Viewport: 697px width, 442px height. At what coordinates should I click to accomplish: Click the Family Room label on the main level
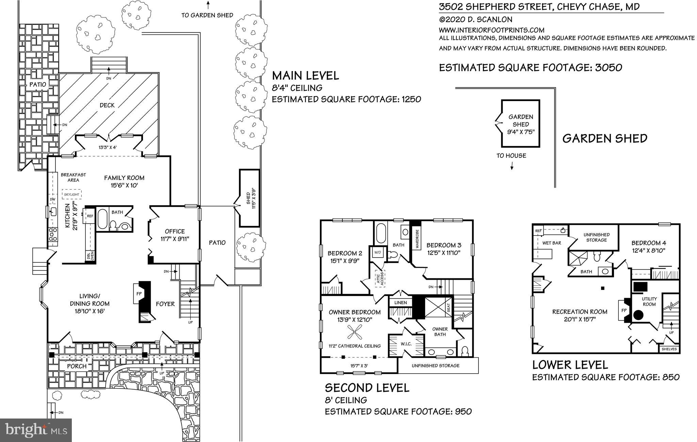coord(124,178)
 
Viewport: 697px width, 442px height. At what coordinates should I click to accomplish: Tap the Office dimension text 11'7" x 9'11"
coord(175,239)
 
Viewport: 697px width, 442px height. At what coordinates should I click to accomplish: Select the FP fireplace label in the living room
coord(139,293)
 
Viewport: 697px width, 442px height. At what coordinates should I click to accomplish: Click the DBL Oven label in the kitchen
coord(90,256)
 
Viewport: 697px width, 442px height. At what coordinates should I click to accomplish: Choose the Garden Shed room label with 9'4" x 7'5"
coord(521,124)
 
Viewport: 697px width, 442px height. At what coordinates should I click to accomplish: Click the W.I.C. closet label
coord(406,344)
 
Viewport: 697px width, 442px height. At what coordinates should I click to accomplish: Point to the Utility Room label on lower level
coord(649,301)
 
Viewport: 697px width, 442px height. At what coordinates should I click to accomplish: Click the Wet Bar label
coord(551,243)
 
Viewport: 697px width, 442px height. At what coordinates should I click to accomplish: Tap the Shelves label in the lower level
coord(669,349)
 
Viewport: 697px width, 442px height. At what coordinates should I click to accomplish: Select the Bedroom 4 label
coord(648,243)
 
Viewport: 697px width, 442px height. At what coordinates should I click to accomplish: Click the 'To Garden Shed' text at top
coord(207,15)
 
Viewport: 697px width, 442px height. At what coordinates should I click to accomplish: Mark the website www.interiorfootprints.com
coord(491,30)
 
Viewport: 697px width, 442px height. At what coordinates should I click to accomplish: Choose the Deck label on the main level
coord(107,105)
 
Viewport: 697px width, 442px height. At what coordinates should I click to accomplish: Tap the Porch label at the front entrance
coord(77,366)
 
